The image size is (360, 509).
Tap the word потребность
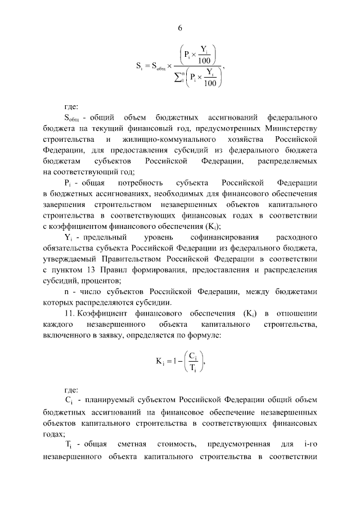pos(141,183)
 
